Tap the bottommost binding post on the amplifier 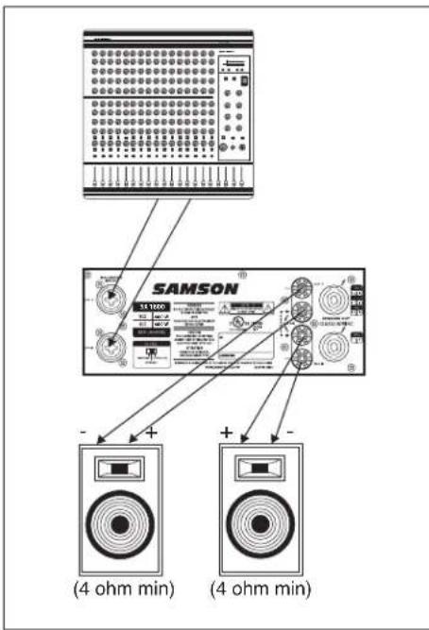click(x=301, y=357)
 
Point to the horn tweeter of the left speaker click(x=122, y=468)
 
